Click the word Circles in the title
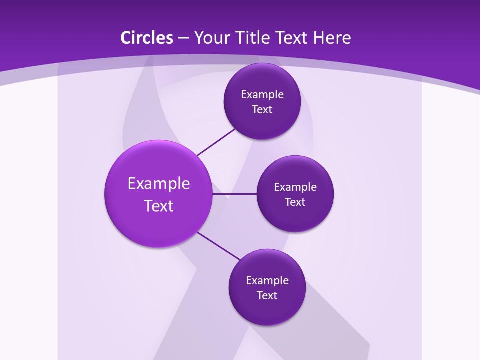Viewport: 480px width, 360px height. coord(146,38)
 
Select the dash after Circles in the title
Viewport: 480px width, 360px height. coord(183,38)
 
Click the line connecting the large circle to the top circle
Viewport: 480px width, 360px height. coord(216,142)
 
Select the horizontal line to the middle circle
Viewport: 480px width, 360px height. coord(234,194)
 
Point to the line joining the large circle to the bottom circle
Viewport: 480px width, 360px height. coord(219,246)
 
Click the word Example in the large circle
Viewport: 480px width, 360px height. coord(159,184)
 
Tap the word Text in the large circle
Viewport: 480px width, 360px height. coord(159,206)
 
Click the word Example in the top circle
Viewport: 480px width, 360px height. coord(262,95)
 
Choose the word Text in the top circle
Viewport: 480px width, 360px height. coord(262,110)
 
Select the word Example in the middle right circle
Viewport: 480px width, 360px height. coord(295,187)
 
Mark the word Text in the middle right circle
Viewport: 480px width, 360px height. coord(295,202)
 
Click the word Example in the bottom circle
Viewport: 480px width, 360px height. coord(267,281)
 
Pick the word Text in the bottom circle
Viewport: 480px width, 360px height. coord(267,296)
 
